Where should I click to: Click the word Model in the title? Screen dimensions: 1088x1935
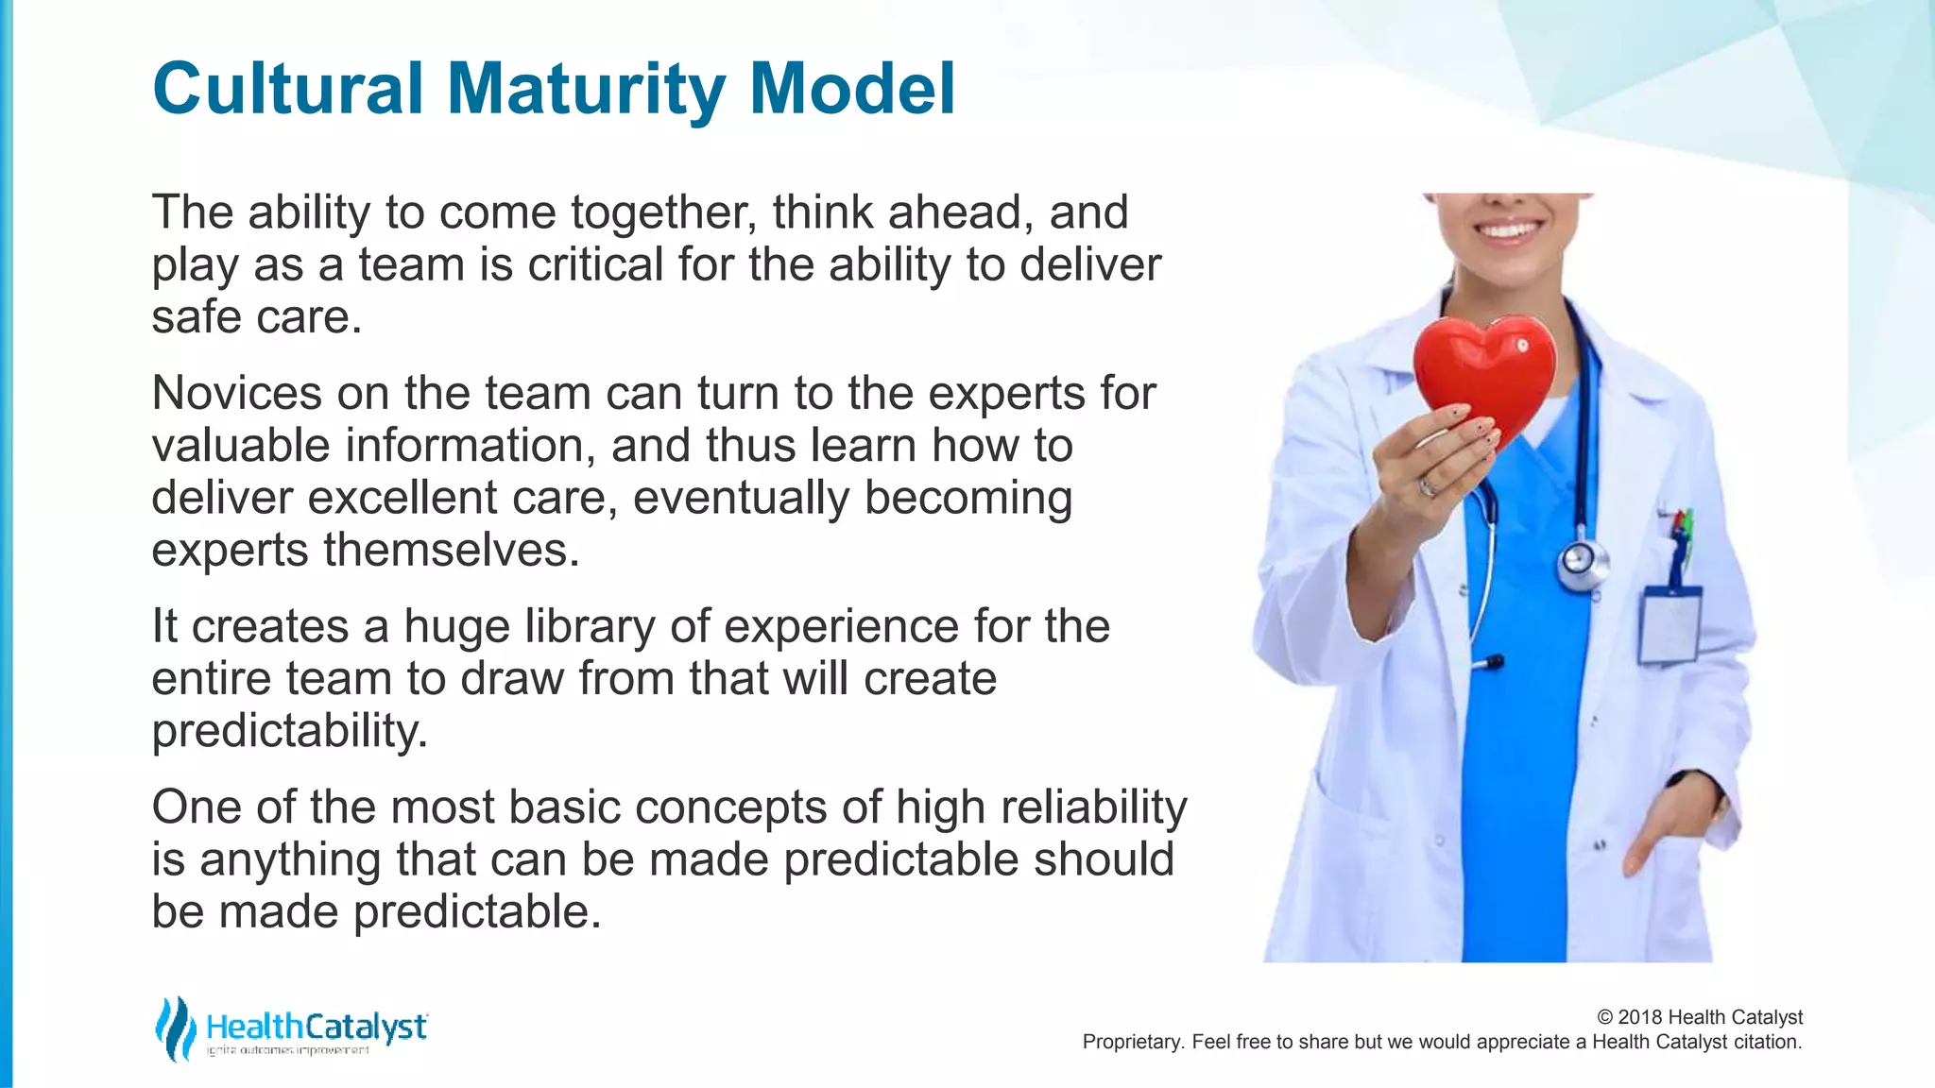tap(852, 89)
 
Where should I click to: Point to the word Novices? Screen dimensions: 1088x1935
tap(236, 393)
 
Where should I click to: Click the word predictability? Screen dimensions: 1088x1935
tap(289, 731)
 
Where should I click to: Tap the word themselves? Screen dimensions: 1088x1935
tap(451, 550)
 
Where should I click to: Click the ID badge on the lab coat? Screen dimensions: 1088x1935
tap(1670, 623)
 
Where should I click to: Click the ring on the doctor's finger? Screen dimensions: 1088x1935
tap(1428, 487)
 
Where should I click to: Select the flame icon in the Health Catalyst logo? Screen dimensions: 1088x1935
tap(175, 1028)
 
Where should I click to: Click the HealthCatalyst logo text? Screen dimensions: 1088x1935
tap(317, 1027)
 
